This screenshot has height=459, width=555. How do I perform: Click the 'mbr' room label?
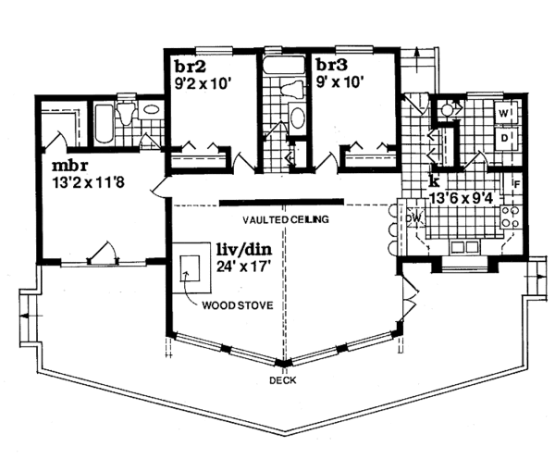pyautogui.click(x=69, y=166)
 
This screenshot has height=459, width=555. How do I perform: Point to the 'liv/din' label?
pyautogui.click(x=244, y=250)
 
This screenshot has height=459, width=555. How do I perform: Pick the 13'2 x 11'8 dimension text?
pyautogui.click(x=88, y=182)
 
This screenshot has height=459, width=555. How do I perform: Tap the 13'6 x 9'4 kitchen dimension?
pyautogui.click(x=461, y=198)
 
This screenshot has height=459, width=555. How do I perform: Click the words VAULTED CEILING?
pyautogui.click(x=285, y=219)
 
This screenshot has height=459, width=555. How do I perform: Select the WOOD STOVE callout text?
pyautogui.click(x=238, y=305)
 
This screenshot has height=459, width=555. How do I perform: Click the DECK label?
pyautogui.click(x=283, y=380)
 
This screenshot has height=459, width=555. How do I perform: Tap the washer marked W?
pyautogui.click(x=506, y=113)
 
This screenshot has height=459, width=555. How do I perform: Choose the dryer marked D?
pyautogui.click(x=506, y=138)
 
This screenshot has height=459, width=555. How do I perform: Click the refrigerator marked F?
pyautogui.click(x=513, y=185)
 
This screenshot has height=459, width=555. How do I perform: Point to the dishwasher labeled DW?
pyautogui.click(x=414, y=217)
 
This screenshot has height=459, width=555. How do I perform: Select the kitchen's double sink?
pyautogui.click(x=464, y=246)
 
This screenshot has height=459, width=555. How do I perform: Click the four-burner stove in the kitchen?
pyautogui.click(x=510, y=217)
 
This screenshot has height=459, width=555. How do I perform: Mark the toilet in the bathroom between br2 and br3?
pyautogui.click(x=291, y=90)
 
